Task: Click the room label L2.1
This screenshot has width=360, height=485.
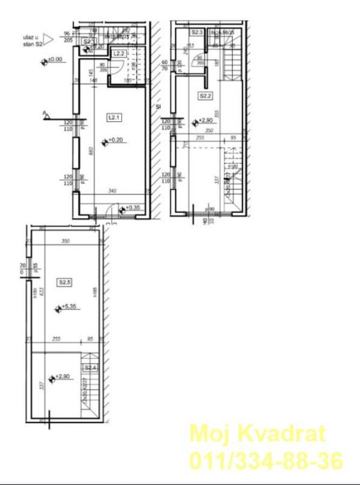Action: [113, 117]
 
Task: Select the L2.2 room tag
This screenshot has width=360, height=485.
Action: [119, 54]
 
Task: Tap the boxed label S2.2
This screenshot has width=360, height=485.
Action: [206, 95]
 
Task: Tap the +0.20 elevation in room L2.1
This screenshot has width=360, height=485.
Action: [115, 142]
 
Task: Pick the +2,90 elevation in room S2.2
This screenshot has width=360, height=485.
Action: [205, 122]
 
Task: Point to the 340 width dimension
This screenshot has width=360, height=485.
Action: [112, 191]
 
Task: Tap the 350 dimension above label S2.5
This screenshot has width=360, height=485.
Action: [66, 241]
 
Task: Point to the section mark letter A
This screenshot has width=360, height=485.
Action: [44, 112]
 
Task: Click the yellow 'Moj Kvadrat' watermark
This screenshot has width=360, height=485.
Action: [258, 433]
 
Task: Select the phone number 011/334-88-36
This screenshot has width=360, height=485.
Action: [266, 460]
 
